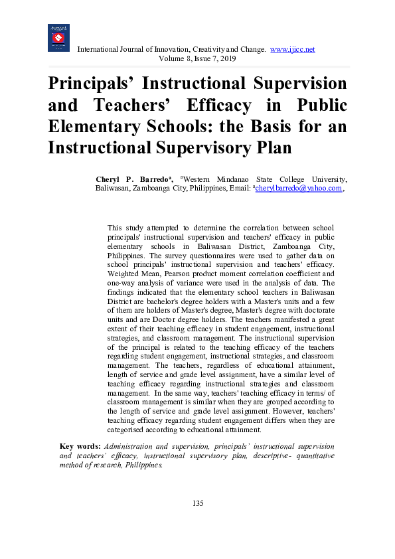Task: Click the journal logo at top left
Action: [x=58, y=38]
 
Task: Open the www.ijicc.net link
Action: [x=292, y=50]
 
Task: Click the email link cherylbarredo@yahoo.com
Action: [x=299, y=188]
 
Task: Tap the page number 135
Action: [x=197, y=503]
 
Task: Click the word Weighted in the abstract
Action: [x=125, y=273]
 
